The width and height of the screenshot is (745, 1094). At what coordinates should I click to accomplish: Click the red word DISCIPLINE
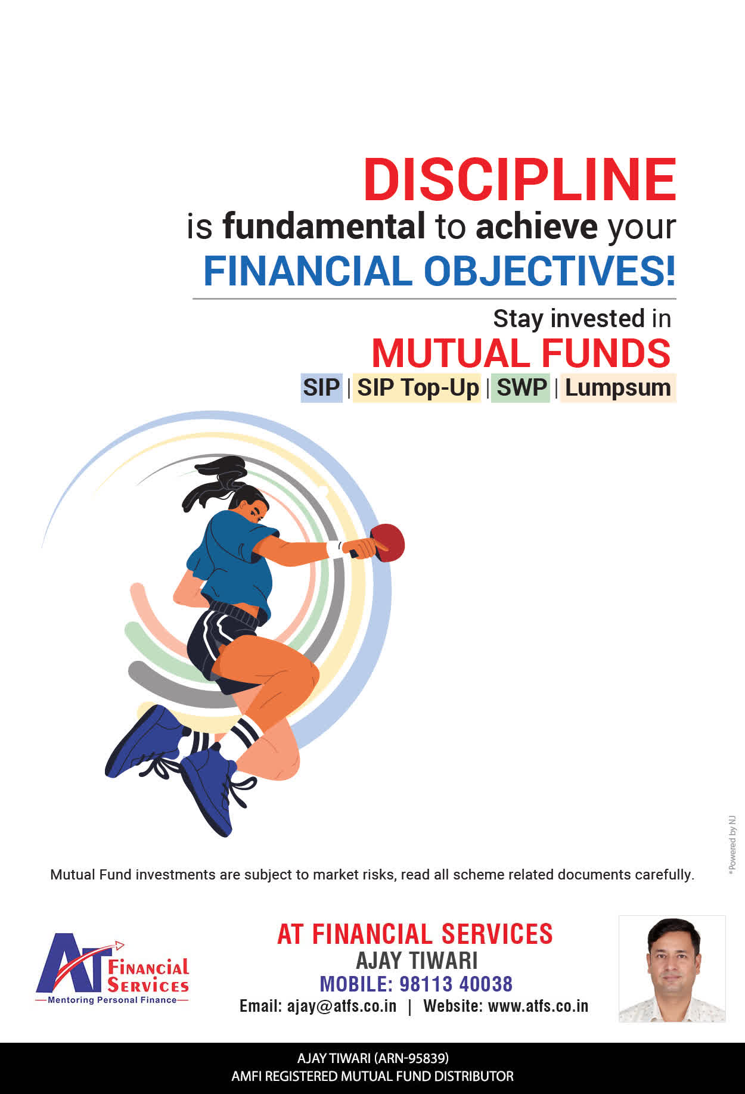click(x=520, y=179)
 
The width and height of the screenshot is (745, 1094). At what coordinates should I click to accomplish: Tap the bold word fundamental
click(x=324, y=226)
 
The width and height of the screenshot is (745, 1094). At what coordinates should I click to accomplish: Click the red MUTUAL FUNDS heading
click(x=521, y=353)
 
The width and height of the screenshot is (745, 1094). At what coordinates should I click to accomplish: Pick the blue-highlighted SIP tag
click(x=321, y=388)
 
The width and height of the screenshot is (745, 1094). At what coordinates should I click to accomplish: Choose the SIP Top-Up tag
click(x=417, y=388)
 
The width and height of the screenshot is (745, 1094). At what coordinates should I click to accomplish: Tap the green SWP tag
click(x=521, y=388)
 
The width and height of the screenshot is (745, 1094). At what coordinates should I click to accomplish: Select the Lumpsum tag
click(x=618, y=388)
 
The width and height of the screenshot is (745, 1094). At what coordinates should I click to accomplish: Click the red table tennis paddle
click(x=387, y=542)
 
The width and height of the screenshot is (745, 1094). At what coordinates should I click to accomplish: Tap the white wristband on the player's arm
click(x=334, y=549)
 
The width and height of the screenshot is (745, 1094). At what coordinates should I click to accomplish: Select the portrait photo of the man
click(x=672, y=969)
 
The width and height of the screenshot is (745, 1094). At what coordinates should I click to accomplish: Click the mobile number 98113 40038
click(x=456, y=984)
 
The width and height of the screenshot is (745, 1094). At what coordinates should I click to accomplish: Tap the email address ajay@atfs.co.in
click(x=342, y=1006)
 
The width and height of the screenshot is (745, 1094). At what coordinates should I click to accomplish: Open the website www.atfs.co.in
click(x=538, y=1006)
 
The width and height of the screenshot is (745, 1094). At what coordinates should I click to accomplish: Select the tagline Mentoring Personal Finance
click(x=112, y=1000)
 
